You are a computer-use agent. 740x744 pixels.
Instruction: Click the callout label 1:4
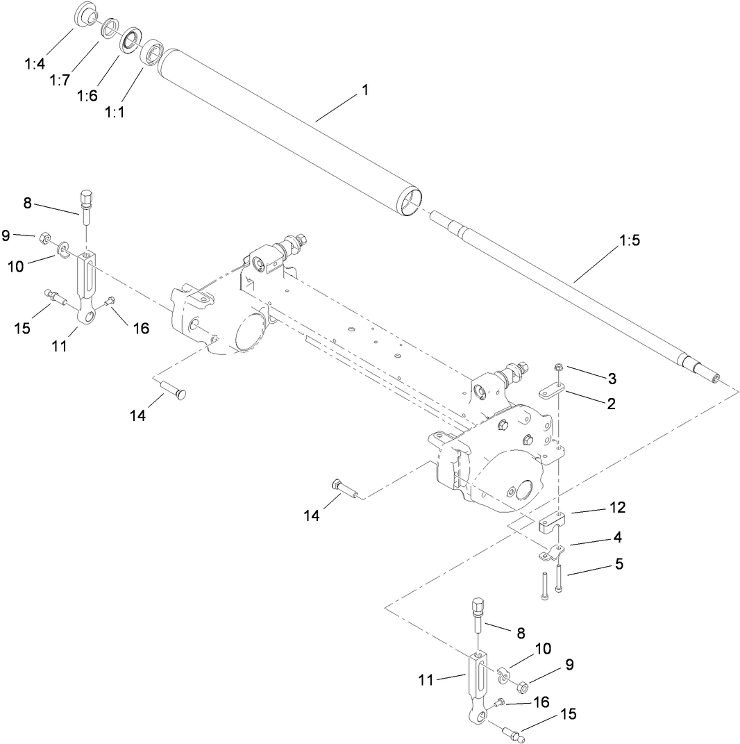(x=34, y=63)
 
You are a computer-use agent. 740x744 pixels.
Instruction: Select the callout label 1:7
(x=60, y=80)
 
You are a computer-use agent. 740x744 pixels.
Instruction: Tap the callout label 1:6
(x=87, y=95)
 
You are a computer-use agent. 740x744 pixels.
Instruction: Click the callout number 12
(x=618, y=508)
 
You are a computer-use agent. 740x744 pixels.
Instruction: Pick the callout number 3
(x=612, y=378)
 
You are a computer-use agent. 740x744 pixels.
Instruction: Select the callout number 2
(x=611, y=403)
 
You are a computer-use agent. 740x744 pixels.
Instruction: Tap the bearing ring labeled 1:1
(x=152, y=54)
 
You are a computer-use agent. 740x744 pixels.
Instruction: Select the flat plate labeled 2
(x=553, y=392)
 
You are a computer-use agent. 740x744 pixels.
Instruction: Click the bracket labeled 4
(x=553, y=553)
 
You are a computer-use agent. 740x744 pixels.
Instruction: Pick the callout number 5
(x=618, y=564)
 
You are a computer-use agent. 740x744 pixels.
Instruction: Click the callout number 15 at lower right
(x=569, y=714)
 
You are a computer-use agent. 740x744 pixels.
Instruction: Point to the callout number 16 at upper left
(x=141, y=328)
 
